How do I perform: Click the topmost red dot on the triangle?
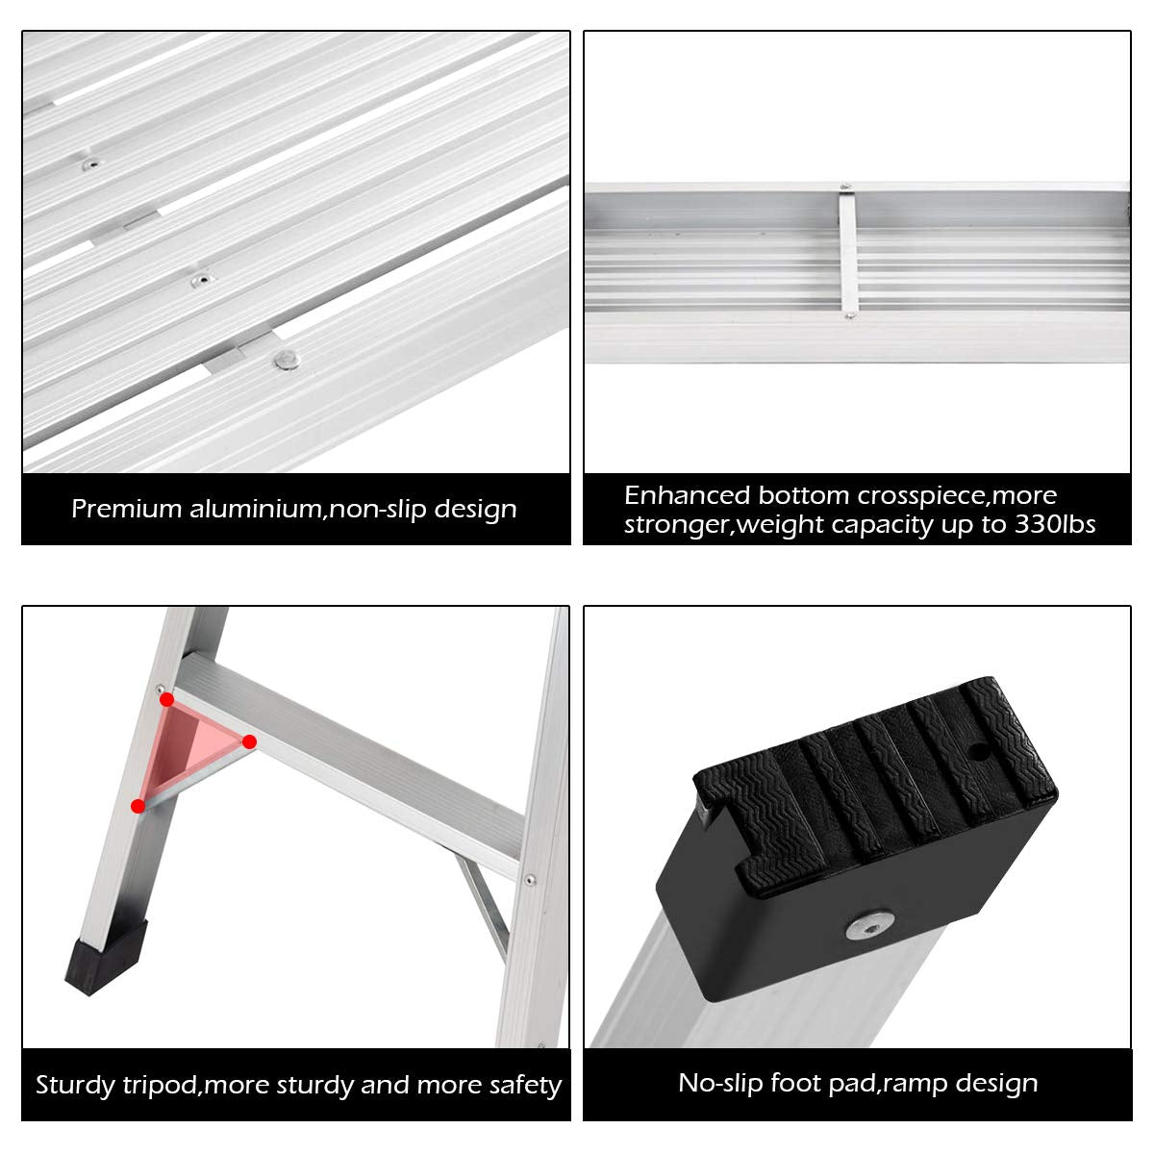[167, 699]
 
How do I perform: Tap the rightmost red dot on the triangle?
[249, 741]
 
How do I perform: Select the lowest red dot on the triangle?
[138, 806]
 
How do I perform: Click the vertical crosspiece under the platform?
[846, 252]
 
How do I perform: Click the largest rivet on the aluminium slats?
[285, 362]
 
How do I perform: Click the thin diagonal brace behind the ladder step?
[483, 901]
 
